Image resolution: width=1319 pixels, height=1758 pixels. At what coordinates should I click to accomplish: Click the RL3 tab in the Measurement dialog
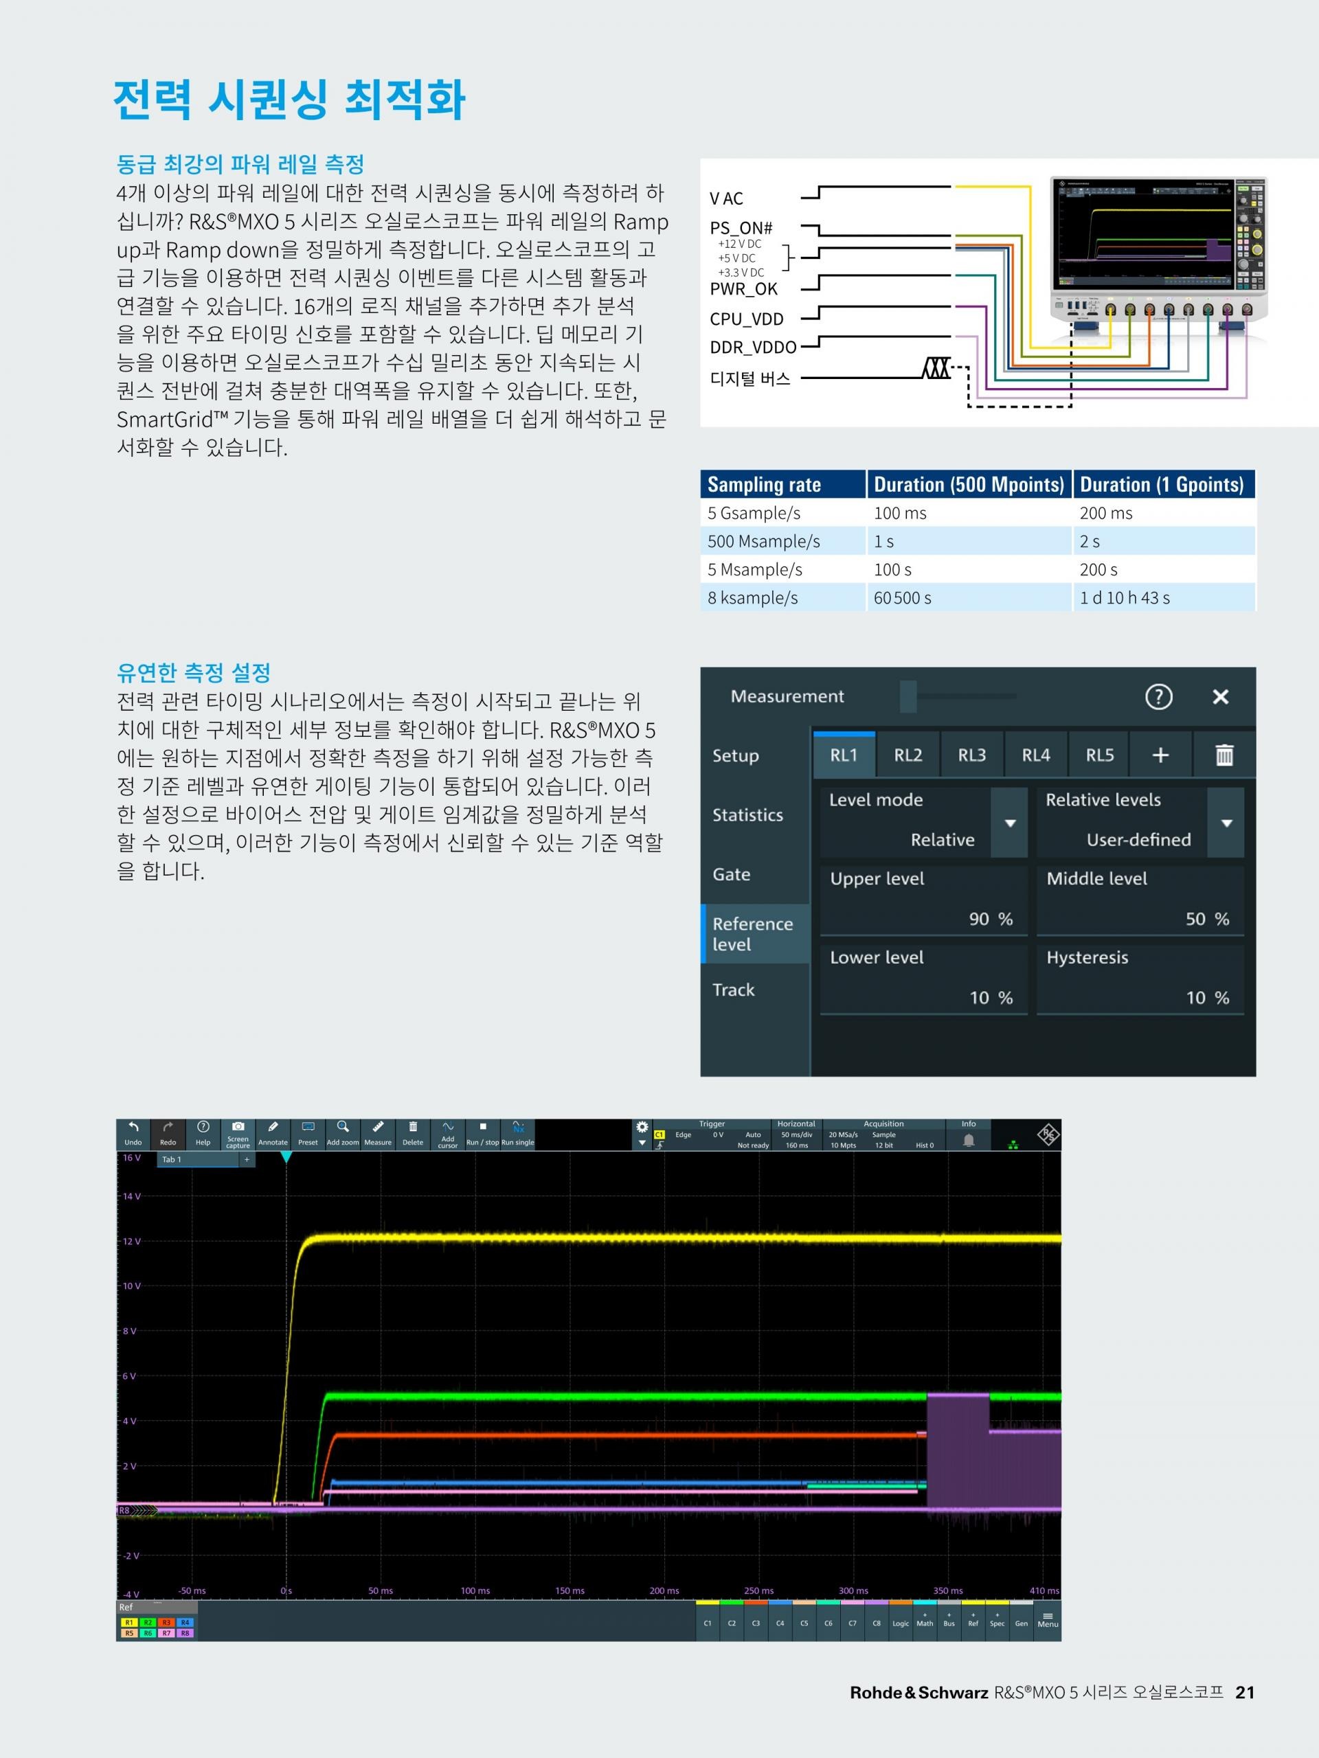click(971, 755)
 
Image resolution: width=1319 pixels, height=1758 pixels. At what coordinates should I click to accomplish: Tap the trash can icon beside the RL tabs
click(1224, 755)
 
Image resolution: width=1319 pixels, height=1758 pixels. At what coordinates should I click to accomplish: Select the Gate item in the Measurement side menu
click(732, 874)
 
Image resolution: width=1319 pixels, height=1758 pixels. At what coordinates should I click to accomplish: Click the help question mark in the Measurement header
click(1158, 697)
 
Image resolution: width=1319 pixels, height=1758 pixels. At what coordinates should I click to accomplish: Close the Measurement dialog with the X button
click(1220, 697)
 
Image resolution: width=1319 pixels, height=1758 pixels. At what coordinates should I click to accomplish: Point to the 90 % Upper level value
click(990, 920)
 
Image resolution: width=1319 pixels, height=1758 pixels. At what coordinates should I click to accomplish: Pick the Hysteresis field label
click(1087, 958)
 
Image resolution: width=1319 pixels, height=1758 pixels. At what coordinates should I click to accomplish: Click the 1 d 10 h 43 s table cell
click(1124, 597)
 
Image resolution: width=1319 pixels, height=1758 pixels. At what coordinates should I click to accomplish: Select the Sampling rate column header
click(764, 485)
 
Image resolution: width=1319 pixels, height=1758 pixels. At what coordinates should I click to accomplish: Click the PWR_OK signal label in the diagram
click(743, 289)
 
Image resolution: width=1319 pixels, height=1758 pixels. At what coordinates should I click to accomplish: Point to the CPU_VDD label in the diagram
click(747, 319)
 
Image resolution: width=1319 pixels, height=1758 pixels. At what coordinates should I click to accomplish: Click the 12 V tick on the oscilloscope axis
click(131, 1242)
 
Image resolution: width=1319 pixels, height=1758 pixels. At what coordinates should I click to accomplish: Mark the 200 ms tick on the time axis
click(664, 1590)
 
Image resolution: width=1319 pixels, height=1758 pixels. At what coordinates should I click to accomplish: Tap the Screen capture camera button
click(238, 1133)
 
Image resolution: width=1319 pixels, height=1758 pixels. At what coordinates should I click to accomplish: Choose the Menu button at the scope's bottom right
click(1047, 1620)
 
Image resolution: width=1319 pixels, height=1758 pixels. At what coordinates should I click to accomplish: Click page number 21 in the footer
click(1244, 1693)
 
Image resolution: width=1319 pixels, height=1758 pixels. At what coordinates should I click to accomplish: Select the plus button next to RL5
click(1160, 755)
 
